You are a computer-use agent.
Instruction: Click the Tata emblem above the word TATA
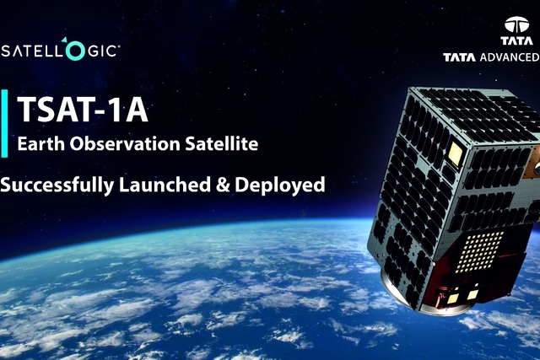[518, 24]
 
